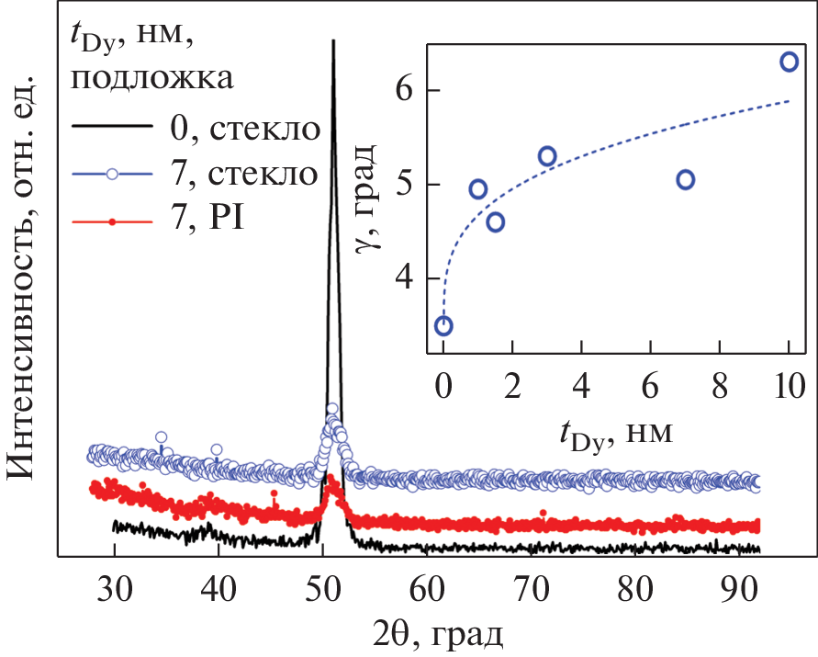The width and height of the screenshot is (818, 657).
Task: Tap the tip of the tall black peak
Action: (332, 40)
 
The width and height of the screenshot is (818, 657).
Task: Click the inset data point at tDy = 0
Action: (443, 325)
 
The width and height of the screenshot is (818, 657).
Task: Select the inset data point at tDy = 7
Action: (685, 179)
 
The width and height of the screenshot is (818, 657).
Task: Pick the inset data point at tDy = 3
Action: (547, 156)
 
